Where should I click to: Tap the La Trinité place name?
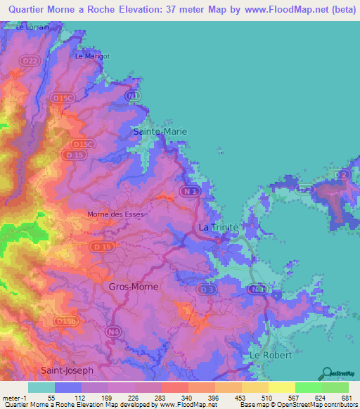(219, 228)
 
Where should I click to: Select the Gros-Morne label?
(134, 287)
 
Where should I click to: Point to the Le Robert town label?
(271, 356)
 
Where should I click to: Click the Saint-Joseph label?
(67, 370)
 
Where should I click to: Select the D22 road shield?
(30, 62)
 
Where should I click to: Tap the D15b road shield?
(67, 321)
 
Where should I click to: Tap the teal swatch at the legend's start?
(41, 387)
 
